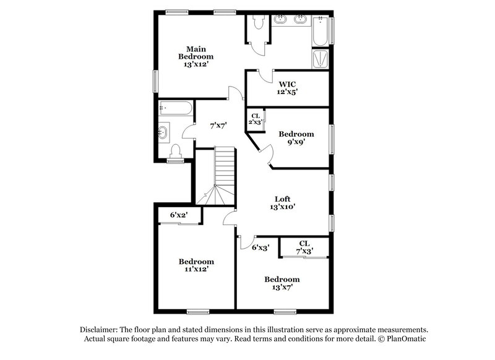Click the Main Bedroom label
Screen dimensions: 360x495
(197, 56)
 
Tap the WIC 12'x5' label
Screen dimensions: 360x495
(288, 87)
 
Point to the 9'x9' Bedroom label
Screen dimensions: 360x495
(296, 137)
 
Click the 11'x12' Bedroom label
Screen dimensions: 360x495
(196, 265)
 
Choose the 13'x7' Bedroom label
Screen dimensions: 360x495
(282, 283)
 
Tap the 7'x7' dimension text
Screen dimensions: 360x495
(218, 125)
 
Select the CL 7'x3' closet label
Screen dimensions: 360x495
(304, 247)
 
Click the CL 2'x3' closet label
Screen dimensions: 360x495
(255, 118)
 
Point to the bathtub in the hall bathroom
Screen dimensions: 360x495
(174, 109)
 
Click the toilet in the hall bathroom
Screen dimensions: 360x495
(175, 150)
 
